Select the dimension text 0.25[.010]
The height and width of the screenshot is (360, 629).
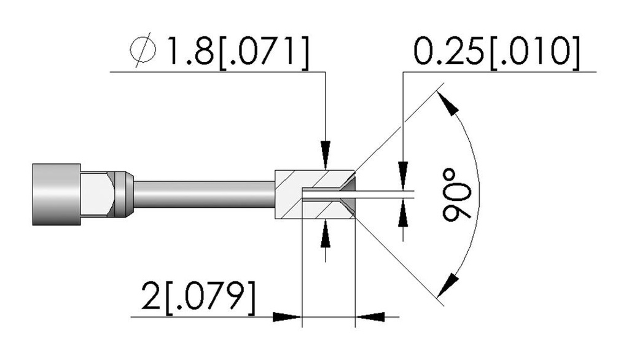[x=496, y=52]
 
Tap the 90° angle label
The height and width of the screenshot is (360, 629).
[x=456, y=195]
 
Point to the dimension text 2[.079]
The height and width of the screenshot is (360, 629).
[x=198, y=297]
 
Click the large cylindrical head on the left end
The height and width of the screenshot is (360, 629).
[x=57, y=195]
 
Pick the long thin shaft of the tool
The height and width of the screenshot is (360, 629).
[x=204, y=195]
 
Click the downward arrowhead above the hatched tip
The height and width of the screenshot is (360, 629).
[x=326, y=155]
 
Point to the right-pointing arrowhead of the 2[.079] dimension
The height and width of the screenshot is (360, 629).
[x=287, y=317]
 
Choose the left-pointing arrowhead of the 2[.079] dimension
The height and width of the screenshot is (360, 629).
[x=370, y=317]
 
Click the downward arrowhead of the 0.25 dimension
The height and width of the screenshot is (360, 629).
[x=403, y=175]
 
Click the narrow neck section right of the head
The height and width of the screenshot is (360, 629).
[x=97, y=195]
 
